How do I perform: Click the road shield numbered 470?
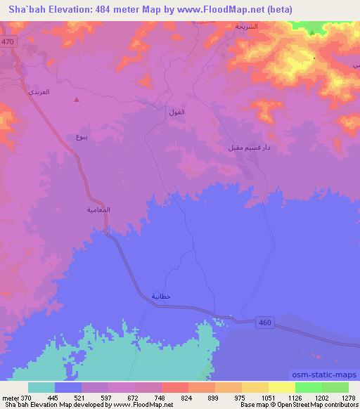7,42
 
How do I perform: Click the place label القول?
176,112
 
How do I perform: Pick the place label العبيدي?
38,92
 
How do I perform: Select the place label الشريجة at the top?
246,26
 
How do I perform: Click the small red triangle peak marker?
77,99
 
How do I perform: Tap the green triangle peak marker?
312,32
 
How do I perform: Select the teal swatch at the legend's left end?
41,387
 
